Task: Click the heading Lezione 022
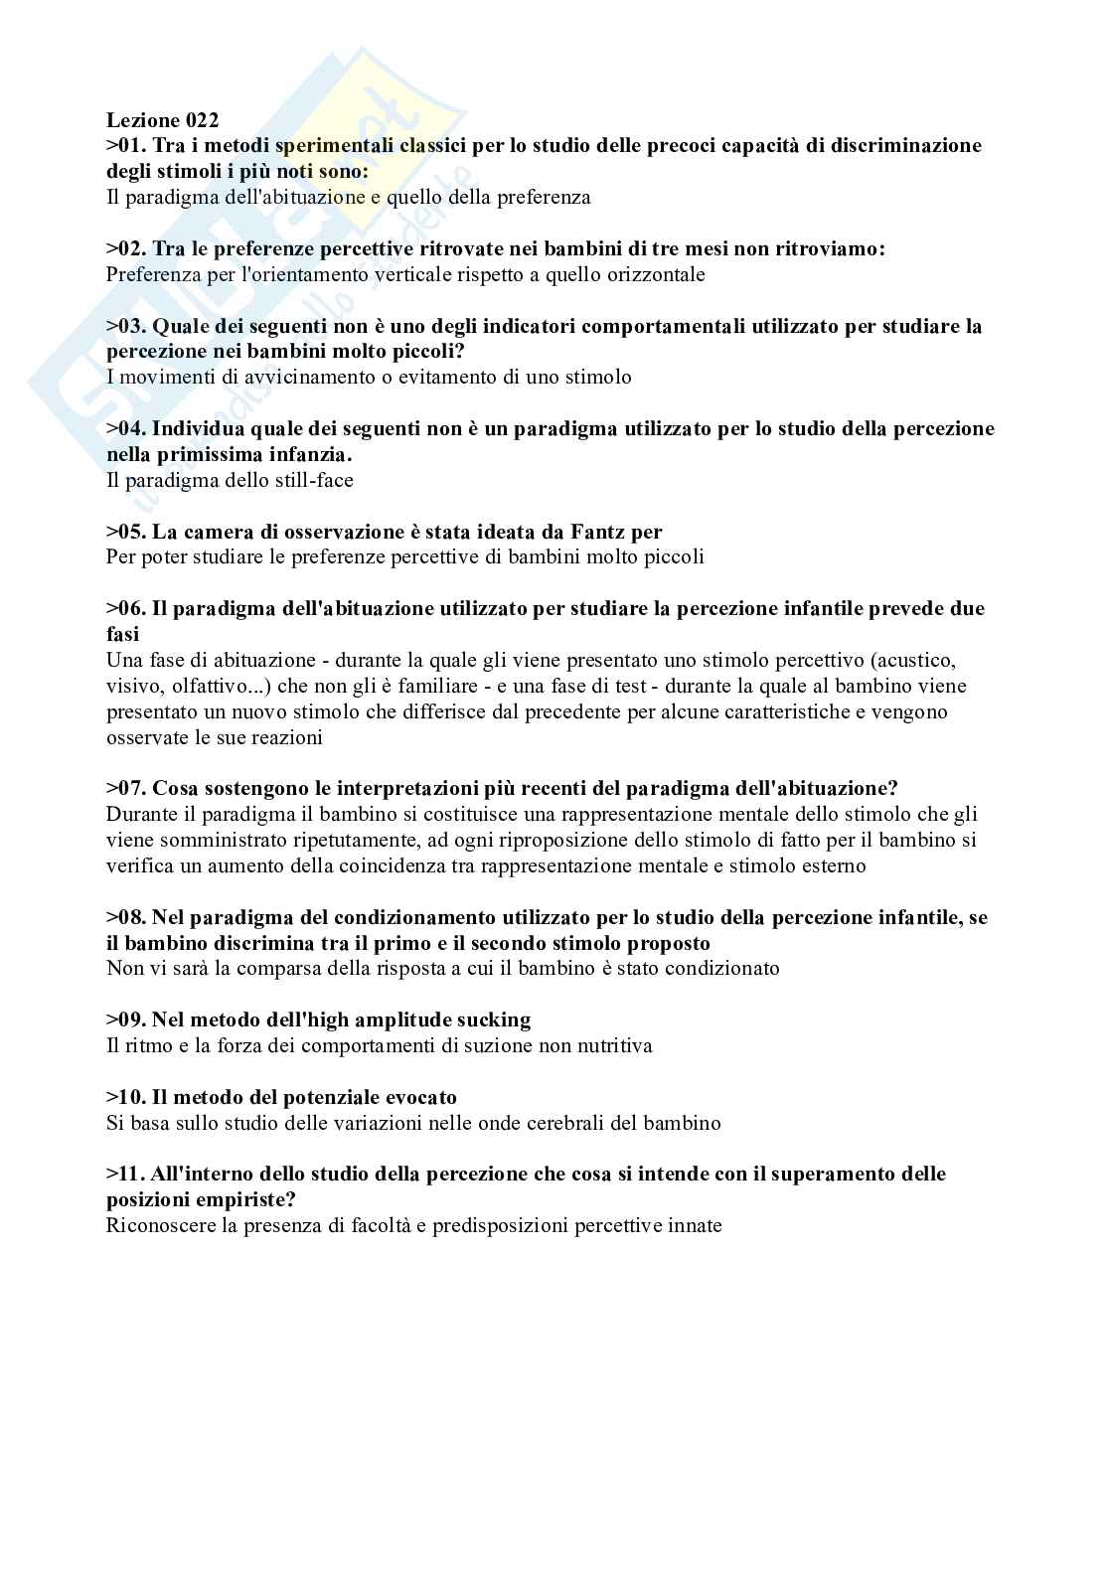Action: tap(162, 120)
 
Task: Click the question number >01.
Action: tap(126, 146)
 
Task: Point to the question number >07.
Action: tap(126, 788)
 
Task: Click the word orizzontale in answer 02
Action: tap(651, 274)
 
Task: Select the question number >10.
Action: tap(126, 1097)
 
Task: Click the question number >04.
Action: tap(126, 428)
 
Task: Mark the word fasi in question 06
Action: tap(123, 634)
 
